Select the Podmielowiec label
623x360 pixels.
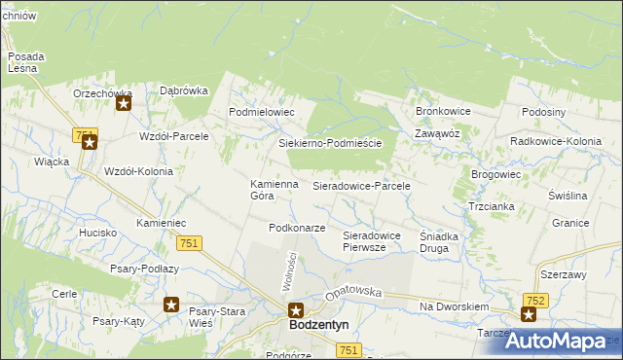(x=261, y=113)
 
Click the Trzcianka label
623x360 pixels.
(x=491, y=207)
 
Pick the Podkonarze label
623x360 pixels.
(x=296, y=228)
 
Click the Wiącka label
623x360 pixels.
(x=50, y=162)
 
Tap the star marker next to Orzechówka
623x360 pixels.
(x=124, y=102)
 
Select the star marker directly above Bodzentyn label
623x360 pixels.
(x=297, y=310)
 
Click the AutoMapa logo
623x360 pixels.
(x=567, y=341)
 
